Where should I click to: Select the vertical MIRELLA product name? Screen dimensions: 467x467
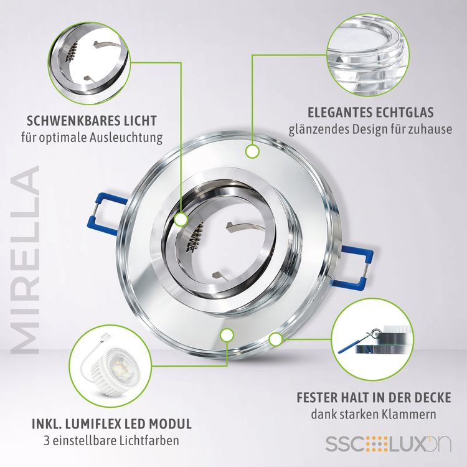tap(26, 260)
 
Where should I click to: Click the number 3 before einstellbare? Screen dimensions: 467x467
tap(47, 440)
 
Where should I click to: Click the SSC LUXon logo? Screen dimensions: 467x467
tap(388, 444)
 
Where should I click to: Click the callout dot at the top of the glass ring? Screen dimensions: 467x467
tap(253, 151)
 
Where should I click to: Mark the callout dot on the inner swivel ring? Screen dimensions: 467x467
tap(181, 220)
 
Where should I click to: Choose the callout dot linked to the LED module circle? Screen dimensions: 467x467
tap(227, 335)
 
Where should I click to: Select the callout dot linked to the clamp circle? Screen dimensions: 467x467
tap(275, 339)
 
